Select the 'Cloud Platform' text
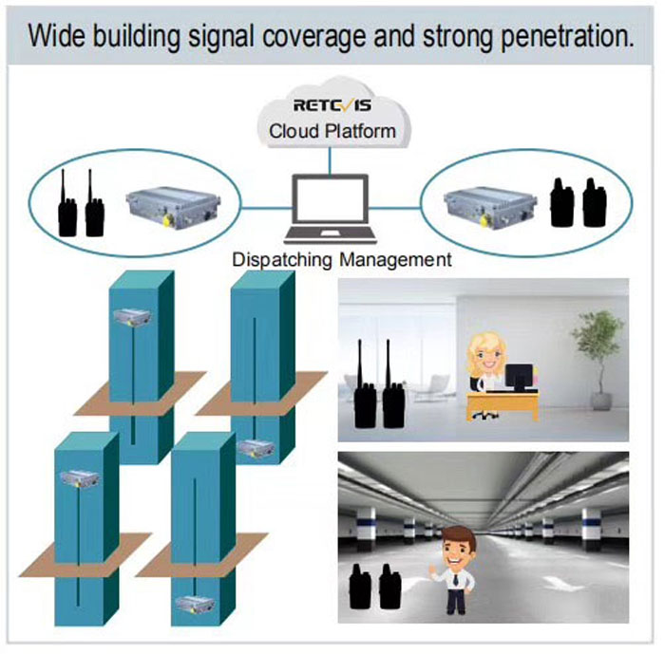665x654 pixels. point(332,131)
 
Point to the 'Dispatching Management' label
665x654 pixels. point(343,258)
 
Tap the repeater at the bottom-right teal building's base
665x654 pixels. point(196,603)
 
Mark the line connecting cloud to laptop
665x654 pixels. point(330,163)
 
